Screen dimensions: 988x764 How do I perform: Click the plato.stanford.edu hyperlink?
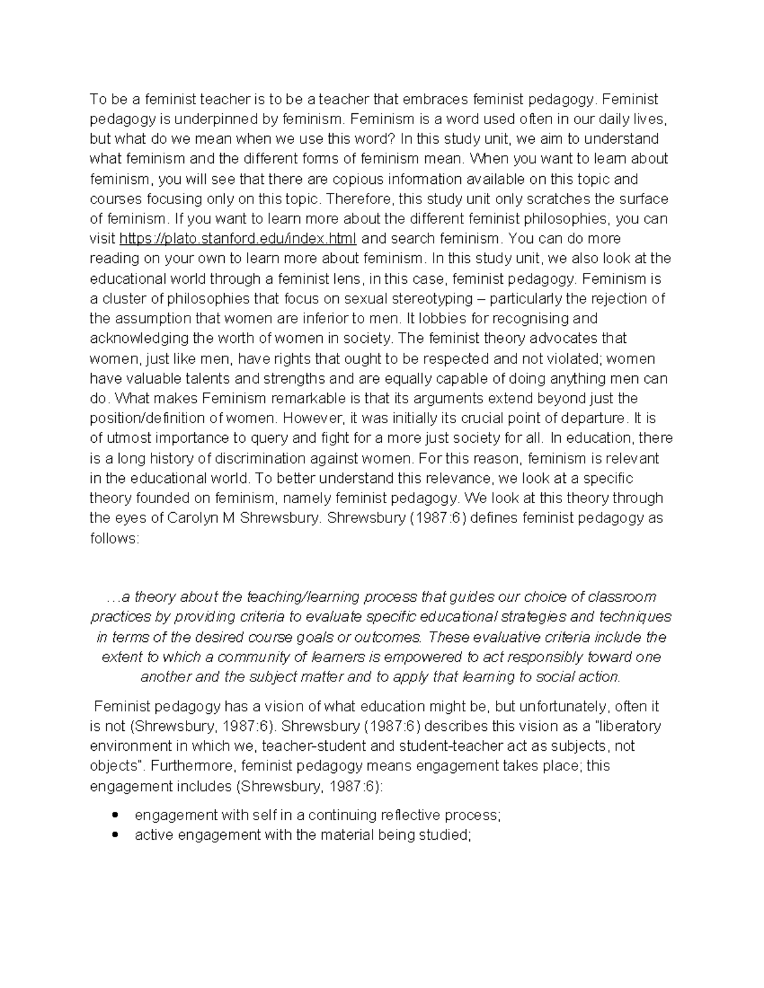click(239, 239)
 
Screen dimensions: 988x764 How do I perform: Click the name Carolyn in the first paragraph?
click(192, 518)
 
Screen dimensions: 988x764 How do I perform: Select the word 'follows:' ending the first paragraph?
click(114, 538)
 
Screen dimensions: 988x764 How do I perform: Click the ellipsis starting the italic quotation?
click(113, 597)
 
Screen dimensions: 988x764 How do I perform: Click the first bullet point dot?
click(115, 815)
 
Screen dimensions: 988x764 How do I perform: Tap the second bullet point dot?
click(115, 835)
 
